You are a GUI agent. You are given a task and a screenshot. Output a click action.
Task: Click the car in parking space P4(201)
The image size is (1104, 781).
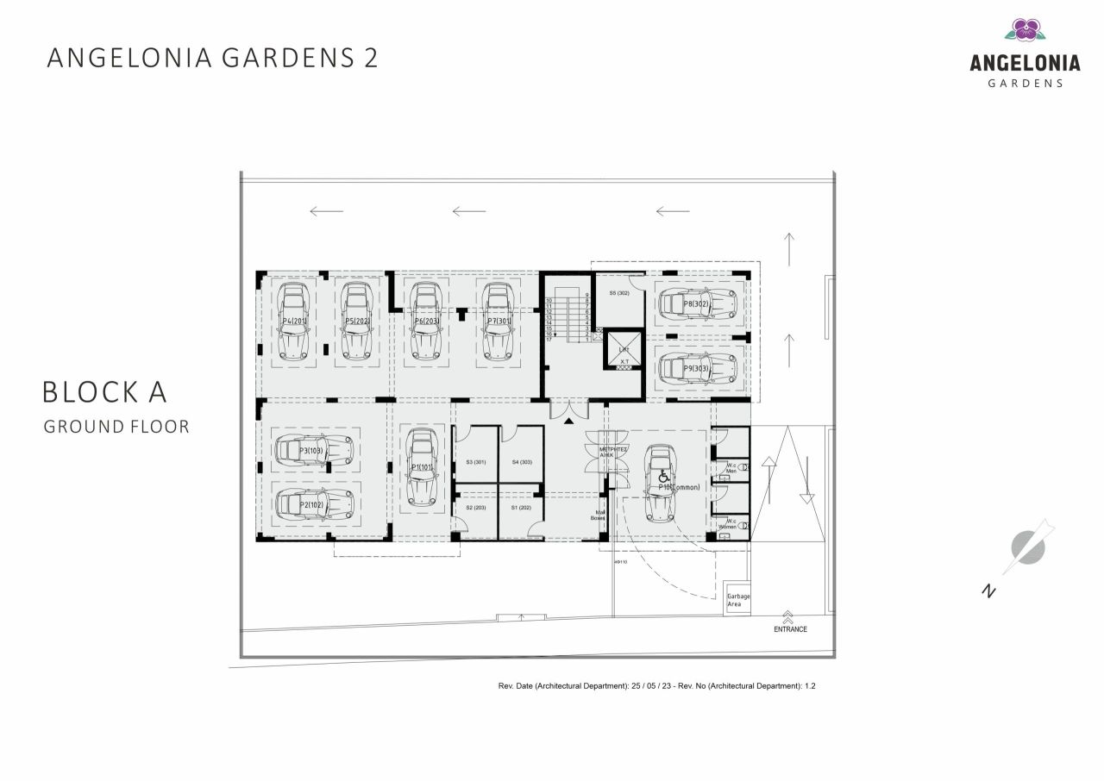pyautogui.click(x=294, y=321)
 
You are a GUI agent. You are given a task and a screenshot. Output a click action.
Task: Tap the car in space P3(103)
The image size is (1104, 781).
pyautogui.click(x=315, y=450)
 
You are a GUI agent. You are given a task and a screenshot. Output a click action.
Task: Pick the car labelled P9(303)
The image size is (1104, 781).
pyautogui.click(x=697, y=368)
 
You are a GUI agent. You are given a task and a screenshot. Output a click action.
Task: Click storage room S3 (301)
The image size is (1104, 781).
pyautogui.click(x=476, y=462)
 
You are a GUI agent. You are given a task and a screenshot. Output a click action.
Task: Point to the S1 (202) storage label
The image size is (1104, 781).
pyautogui.click(x=519, y=508)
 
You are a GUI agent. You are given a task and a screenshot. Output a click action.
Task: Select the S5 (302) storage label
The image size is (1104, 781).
pyautogui.click(x=620, y=293)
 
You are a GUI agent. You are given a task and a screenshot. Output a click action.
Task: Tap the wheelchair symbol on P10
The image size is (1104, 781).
pyautogui.click(x=664, y=477)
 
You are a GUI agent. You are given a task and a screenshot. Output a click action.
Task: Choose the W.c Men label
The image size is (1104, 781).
pyautogui.click(x=731, y=468)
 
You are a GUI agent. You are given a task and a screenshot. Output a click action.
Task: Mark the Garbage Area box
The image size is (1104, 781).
pyautogui.click(x=737, y=598)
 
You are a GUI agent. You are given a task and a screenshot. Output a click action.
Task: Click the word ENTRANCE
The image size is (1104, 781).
pyautogui.click(x=790, y=629)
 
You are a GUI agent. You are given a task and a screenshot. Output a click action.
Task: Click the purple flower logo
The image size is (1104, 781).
pyautogui.click(x=1025, y=29)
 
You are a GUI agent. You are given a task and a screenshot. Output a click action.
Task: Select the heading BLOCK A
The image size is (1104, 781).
pyautogui.click(x=104, y=392)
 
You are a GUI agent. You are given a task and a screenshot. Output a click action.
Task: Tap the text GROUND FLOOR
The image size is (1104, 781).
pyautogui.click(x=116, y=427)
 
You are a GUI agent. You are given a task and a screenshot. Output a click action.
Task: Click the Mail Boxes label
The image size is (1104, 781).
pyautogui.click(x=598, y=515)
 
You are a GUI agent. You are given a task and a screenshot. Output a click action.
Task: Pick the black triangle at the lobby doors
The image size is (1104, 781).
pyautogui.click(x=568, y=421)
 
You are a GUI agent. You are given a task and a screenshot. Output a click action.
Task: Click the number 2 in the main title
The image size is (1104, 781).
pyautogui.click(x=369, y=58)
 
